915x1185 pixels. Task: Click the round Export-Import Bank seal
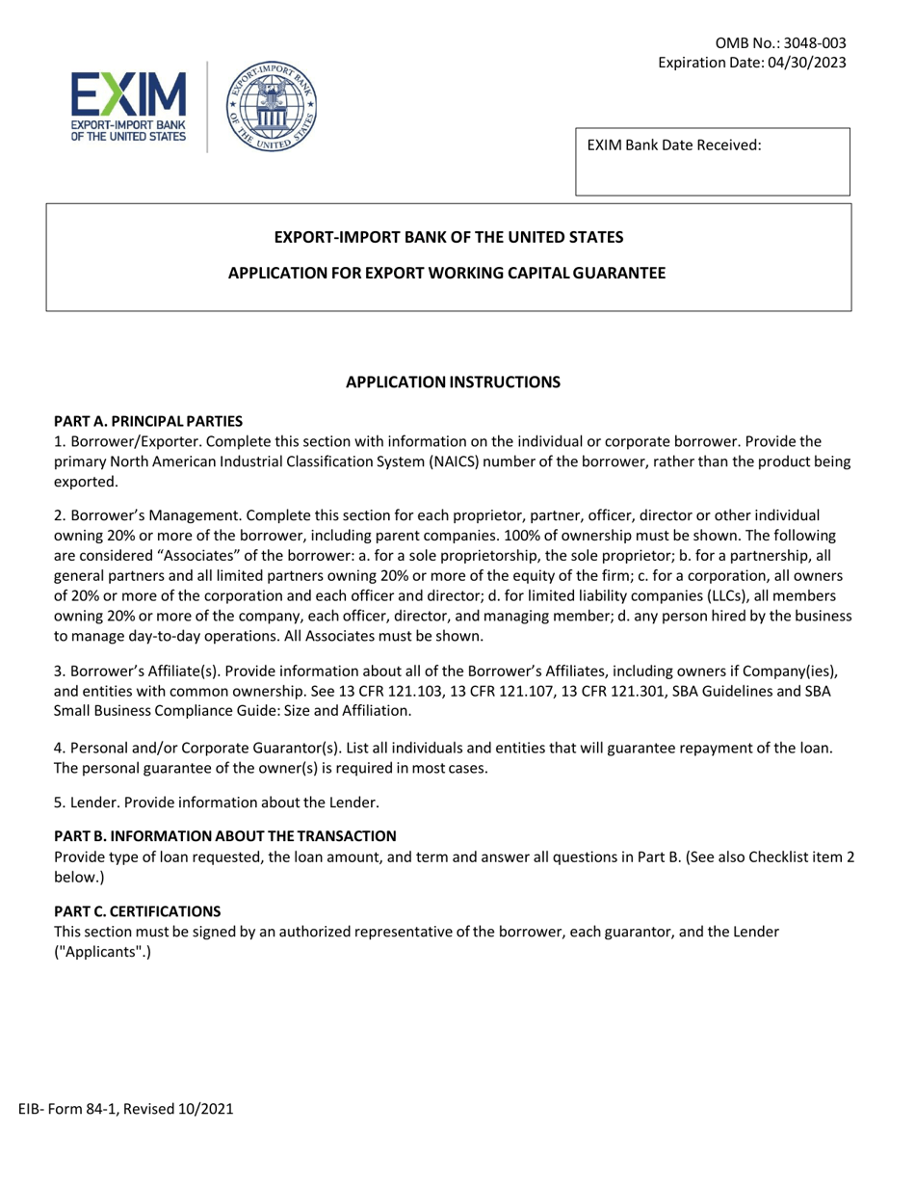click(x=262, y=106)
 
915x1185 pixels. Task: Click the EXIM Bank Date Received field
click(x=713, y=162)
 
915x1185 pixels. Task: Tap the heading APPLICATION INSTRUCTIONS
click(x=453, y=382)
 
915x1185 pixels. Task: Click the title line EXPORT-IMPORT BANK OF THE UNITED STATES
click(x=449, y=237)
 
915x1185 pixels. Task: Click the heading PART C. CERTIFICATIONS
click(x=137, y=910)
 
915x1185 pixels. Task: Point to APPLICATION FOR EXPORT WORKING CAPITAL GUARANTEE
click(x=446, y=273)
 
